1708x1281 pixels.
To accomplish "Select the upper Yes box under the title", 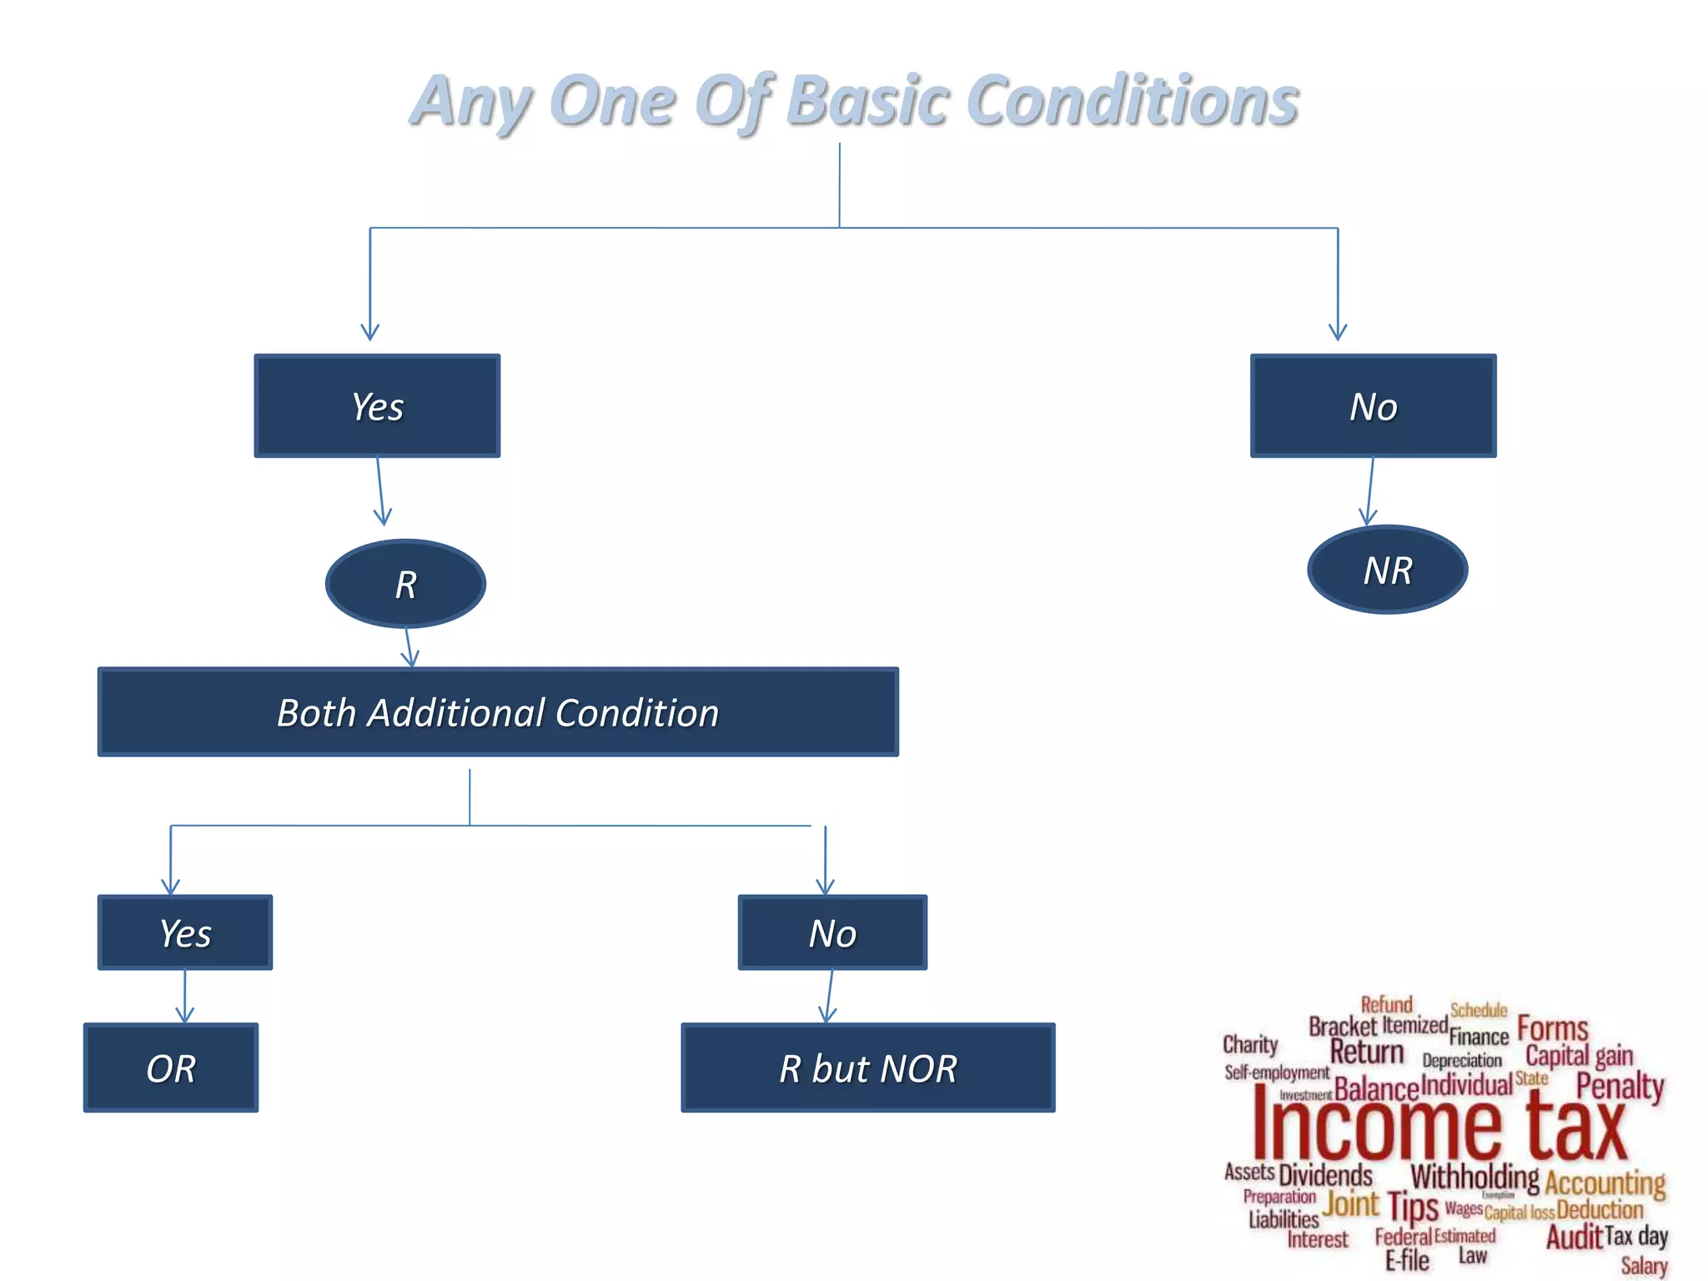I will pos(377,406).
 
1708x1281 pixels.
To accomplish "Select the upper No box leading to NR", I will pos(1373,406).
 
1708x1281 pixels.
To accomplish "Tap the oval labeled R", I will pos(405,584).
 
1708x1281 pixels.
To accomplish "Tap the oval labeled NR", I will pos(1387,570).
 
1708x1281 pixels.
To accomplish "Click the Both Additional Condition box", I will pos(498,712).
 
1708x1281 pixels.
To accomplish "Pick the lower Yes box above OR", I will pos(185,932).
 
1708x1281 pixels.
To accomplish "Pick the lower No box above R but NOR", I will pos(832,932).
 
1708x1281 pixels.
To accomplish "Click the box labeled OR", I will pos(171,1068).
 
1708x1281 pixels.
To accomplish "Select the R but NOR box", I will pos(867,1068).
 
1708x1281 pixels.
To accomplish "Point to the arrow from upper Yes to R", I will pos(380,492).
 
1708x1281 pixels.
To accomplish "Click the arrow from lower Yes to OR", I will pos(185,997).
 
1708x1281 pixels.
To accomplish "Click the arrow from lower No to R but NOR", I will pos(829,997).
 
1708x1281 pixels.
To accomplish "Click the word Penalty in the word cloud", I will pos(1620,1086).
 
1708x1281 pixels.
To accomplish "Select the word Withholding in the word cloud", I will pos(1474,1177).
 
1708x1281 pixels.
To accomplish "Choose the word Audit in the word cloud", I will pos(1574,1237).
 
